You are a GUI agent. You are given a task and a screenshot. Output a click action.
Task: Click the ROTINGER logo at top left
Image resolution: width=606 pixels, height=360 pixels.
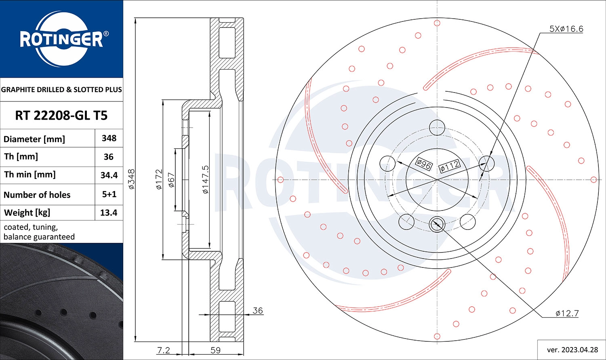(61, 39)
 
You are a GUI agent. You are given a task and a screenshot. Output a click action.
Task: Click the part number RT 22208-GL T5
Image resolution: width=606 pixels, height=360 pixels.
(61, 116)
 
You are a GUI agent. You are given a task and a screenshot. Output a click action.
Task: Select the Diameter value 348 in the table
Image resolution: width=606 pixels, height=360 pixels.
(109, 138)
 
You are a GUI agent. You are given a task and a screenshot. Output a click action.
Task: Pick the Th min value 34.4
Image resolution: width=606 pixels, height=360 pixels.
(109, 175)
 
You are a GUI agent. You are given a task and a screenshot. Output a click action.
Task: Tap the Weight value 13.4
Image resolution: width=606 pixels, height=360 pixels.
(109, 213)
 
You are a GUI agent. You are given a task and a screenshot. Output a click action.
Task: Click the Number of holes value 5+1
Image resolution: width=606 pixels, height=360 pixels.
(109, 194)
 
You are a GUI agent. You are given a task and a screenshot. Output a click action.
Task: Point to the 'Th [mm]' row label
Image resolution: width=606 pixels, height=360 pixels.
(21, 156)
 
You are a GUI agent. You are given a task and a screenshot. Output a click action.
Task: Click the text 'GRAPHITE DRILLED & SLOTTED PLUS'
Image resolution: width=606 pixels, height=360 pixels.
(61, 90)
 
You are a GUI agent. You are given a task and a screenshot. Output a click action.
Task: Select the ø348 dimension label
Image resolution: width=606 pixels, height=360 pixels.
(131, 179)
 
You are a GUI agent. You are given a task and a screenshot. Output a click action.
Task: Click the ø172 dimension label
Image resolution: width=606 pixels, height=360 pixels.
(159, 179)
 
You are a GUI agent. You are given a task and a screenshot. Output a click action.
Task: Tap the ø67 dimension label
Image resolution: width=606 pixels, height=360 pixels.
(171, 180)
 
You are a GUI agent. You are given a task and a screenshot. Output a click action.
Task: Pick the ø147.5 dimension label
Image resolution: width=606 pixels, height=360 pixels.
(205, 179)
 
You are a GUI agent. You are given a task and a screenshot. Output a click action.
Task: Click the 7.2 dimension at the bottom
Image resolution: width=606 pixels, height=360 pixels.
(163, 350)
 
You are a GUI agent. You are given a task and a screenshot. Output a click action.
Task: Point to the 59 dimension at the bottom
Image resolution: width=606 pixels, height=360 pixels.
(216, 350)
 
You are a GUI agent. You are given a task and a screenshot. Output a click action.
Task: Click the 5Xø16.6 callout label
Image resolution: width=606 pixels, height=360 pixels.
(566, 29)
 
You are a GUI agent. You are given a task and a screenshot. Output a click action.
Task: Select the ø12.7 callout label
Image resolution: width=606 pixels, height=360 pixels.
(567, 313)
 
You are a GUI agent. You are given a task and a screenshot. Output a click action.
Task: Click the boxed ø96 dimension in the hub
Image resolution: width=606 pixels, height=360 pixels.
(424, 164)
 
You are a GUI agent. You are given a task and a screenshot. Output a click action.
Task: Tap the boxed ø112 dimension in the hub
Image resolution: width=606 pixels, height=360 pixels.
(449, 166)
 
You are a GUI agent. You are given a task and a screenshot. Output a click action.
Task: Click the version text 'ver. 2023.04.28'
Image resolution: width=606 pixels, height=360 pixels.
(571, 349)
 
